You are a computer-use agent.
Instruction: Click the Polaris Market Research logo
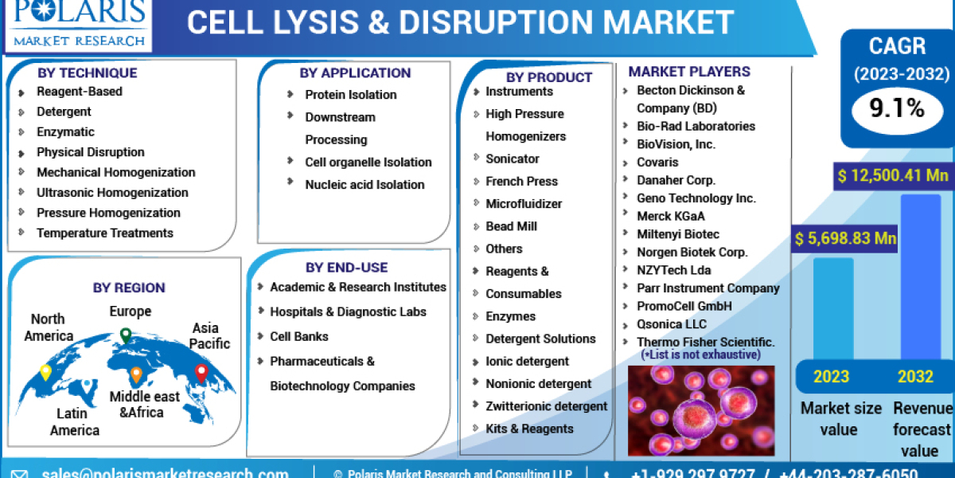(77, 24)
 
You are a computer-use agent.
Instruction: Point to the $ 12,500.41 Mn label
(892, 174)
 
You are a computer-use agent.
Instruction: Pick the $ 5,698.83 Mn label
(845, 238)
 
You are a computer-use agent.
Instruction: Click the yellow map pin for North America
(45, 372)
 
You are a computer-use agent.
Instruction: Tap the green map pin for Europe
(126, 335)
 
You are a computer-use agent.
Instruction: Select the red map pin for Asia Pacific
(201, 372)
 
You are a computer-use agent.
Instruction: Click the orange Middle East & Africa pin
(136, 374)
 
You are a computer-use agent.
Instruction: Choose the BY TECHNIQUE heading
(87, 72)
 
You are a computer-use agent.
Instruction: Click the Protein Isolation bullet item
(350, 95)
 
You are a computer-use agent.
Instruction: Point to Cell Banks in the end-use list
(298, 336)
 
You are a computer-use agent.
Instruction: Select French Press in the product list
(521, 182)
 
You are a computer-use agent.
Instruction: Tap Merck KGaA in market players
(670, 216)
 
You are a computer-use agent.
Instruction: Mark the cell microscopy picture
(700, 410)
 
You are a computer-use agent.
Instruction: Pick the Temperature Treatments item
(104, 233)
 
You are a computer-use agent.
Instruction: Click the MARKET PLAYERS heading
(689, 72)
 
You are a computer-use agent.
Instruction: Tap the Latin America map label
(75, 422)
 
